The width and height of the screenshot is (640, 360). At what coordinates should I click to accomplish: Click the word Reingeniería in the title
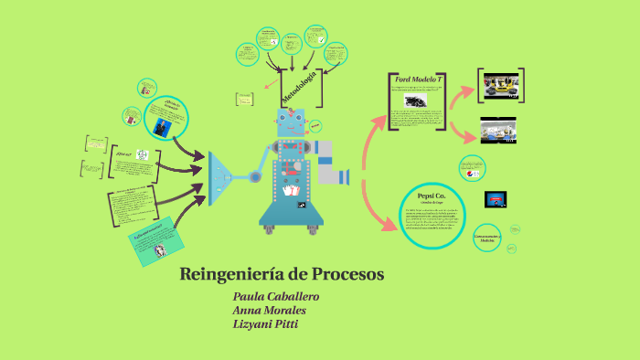228,274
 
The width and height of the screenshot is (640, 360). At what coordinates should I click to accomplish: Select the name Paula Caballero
276,297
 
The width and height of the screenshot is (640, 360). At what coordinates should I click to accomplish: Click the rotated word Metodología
301,86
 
